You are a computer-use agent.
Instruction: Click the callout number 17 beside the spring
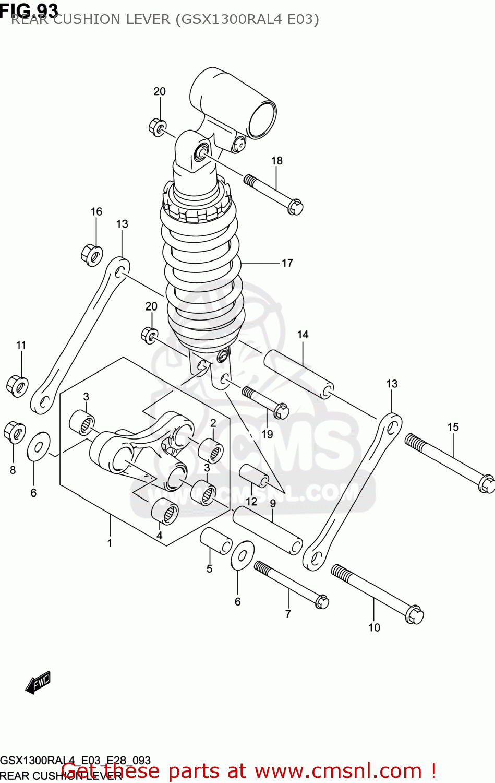coord(287,263)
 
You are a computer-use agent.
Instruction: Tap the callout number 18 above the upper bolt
coord(276,161)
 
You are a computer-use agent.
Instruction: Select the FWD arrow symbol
coord(38,682)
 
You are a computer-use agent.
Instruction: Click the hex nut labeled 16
coord(92,254)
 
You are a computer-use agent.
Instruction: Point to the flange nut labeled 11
coord(18,385)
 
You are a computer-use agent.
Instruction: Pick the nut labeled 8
coord(14,432)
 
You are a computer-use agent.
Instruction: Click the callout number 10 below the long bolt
coord(374,627)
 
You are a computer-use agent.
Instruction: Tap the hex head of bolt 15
coord(486,483)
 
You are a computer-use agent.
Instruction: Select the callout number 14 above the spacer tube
coord(303,335)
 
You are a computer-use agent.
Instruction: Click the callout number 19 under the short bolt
coord(267,434)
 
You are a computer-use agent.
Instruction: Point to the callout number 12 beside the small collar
coord(251,502)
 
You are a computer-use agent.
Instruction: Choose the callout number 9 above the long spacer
coord(273,503)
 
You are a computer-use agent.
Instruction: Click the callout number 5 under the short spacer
coord(209,568)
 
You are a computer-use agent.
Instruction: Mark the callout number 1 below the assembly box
coord(110,543)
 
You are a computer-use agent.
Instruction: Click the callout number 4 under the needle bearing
coord(160,536)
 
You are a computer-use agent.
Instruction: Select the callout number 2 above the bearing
coord(213,423)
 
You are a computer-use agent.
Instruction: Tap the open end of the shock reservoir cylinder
coord(262,120)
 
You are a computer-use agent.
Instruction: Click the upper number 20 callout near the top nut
coord(159,91)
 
